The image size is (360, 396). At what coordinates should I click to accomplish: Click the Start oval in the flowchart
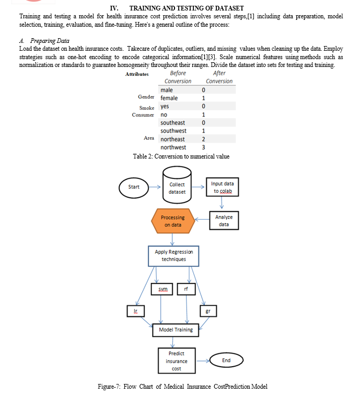[134, 188]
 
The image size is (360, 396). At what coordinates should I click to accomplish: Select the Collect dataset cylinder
[177, 185]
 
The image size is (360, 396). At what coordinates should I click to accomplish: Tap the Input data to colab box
[222, 187]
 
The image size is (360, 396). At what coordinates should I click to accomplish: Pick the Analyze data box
[224, 220]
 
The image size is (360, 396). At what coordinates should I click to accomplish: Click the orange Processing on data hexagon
[173, 221]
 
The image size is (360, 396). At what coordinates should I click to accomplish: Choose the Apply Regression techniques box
[173, 256]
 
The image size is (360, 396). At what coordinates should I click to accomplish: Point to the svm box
[162, 289]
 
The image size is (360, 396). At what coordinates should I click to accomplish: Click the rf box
[186, 289]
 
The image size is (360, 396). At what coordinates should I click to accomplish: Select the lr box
[136, 311]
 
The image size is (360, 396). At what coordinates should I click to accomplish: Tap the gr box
[208, 311]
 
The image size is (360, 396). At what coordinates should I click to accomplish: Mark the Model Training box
[176, 330]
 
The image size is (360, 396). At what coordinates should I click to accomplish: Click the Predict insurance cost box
[177, 360]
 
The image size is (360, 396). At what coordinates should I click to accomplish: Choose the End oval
[226, 360]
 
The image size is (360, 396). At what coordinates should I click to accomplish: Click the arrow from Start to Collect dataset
[155, 187]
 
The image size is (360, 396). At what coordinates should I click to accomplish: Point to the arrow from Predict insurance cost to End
[203, 361]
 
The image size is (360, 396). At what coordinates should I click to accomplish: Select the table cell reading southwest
[173, 131]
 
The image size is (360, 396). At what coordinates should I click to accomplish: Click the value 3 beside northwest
[203, 147]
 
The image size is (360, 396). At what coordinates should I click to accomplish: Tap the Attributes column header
[137, 74]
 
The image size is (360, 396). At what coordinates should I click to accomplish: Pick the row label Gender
[146, 97]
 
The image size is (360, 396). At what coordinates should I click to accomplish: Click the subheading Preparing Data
[50, 41]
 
